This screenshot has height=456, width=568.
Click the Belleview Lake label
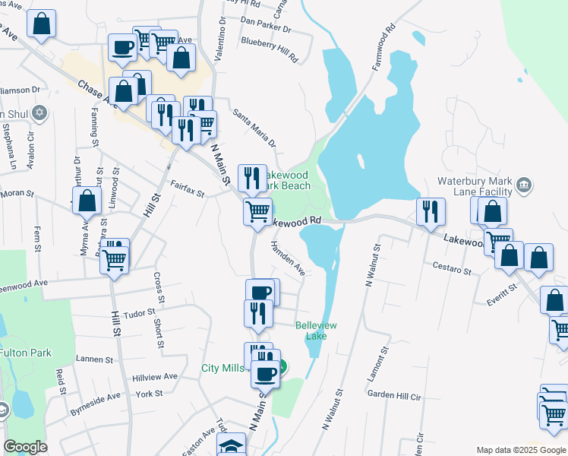coord(316,331)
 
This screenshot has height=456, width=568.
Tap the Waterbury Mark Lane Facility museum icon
coord(523,184)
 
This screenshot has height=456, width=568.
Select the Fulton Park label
coord(24,353)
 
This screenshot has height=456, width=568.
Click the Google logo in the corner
coord(25,447)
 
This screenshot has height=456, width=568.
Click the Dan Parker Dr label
coord(265,27)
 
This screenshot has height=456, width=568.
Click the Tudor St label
coord(138,312)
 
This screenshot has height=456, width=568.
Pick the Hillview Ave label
coord(155,376)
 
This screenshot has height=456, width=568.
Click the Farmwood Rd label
coord(386,49)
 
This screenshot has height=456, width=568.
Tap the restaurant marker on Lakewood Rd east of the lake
coord(431,211)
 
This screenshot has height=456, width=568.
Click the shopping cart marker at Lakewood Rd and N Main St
coord(258,212)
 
